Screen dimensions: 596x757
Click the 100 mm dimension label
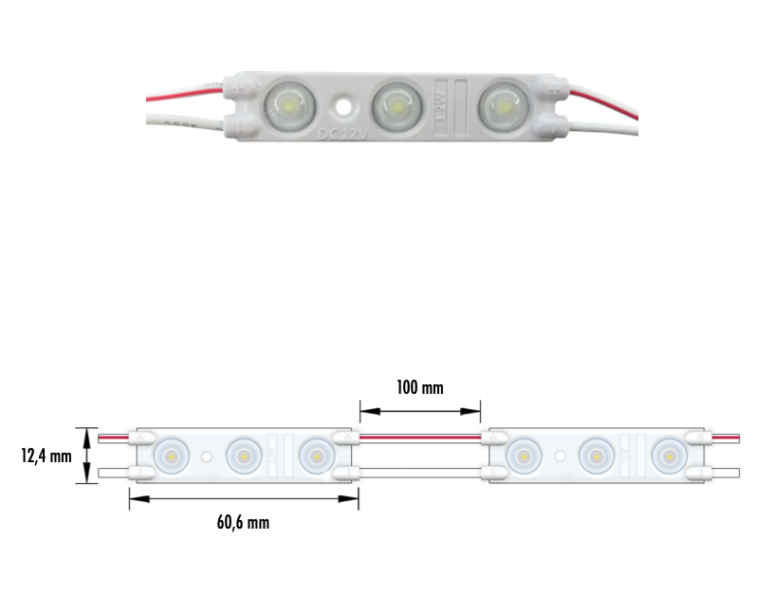pos(419,387)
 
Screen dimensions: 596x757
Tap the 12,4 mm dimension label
pos(46,456)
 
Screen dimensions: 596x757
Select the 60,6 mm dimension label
pos(244,522)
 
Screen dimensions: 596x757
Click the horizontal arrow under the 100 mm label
pos(419,411)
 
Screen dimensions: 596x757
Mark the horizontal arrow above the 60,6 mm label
pos(244,500)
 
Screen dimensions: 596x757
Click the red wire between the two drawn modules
pos(419,438)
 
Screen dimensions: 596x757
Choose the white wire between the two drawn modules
pos(419,471)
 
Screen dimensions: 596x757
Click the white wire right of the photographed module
pos(607,126)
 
